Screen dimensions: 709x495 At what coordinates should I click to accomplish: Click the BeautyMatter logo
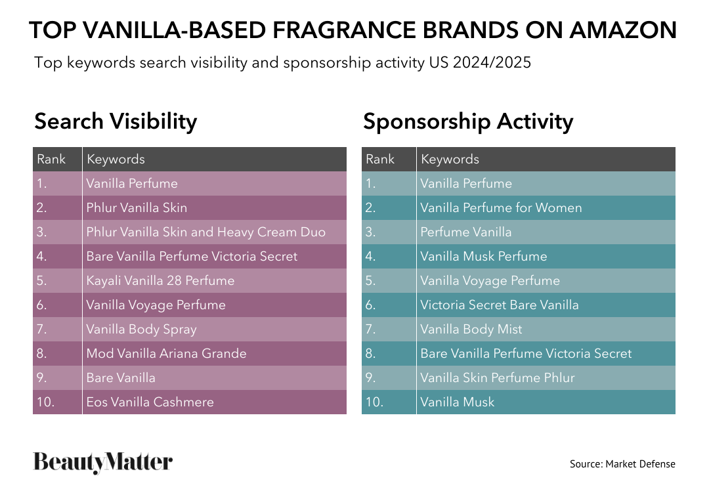[x=102, y=462]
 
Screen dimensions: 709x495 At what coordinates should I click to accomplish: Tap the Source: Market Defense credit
[x=622, y=463]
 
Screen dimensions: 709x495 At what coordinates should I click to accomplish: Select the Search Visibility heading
[x=116, y=121]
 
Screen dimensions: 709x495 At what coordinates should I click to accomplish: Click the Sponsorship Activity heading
[x=468, y=121]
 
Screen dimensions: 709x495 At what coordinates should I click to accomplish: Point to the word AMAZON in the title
[x=623, y=30]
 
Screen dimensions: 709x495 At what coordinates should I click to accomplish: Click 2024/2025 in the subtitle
[x=492, y=62]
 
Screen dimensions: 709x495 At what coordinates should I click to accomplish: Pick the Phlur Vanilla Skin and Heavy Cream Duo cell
[x=205, y=232]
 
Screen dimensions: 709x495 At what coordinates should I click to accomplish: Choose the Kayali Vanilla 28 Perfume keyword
[x=161, y=281]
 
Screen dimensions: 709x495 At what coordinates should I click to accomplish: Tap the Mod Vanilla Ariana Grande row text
[x=166, y=353]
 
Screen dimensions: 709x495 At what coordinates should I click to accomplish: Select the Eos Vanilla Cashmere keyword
[x=150, y=402]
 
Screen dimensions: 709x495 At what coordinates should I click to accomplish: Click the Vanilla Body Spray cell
[x=142, y=330]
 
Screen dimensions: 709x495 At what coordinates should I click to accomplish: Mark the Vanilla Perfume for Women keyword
[x=501, y=207]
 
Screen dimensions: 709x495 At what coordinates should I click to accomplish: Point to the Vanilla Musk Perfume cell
[x=484, y=256]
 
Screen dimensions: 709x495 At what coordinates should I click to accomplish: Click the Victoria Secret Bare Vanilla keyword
[x=500, y=305]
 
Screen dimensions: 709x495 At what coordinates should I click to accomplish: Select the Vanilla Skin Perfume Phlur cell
[x=498, y=378]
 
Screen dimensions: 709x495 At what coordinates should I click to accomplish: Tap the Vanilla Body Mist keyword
[x=471, y=330]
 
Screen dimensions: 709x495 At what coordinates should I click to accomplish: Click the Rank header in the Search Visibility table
[x=51, y=159]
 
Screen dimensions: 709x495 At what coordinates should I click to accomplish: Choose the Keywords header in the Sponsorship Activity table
[x=450, y=159]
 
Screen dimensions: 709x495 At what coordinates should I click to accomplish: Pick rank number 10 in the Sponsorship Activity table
[x=374, y=402]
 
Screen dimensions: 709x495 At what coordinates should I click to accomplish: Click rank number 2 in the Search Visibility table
[x=41, y=207]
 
